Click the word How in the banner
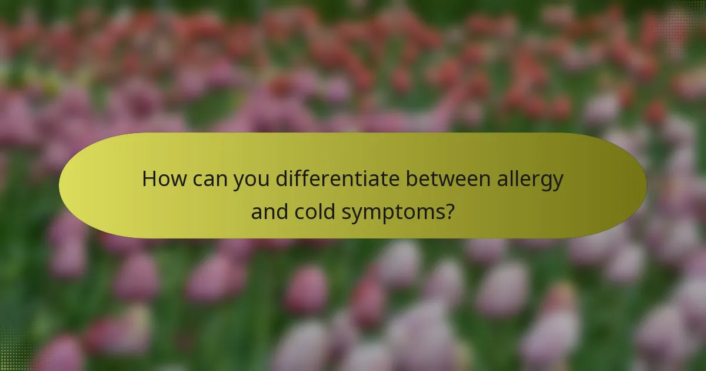point(164,179)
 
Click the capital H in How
point(150,179)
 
